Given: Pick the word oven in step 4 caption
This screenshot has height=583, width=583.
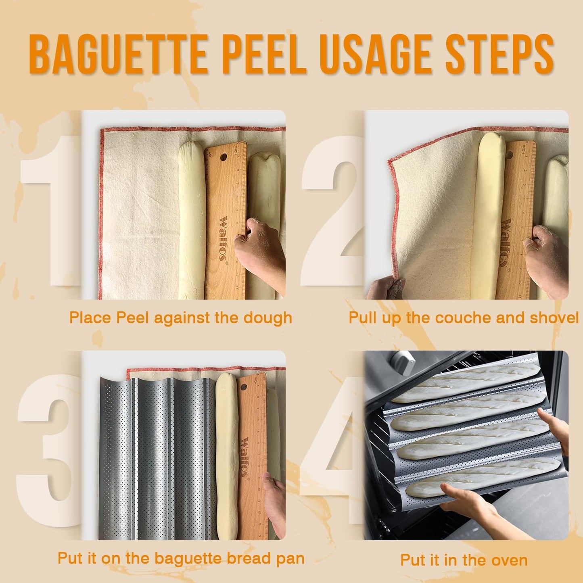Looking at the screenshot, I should pyautogui.click(x=510, y=560).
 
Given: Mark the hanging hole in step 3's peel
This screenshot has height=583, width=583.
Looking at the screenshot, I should pyautogui.click(x=243, y=387).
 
